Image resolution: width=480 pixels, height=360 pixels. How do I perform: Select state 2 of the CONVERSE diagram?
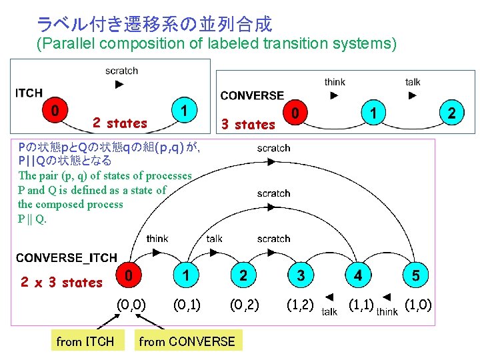point(451,113)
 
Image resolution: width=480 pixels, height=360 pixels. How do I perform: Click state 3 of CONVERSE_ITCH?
point(301,275)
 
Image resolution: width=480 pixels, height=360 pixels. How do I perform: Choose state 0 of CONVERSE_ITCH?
point(133,274)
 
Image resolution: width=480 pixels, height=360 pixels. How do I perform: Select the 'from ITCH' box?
point(85,342)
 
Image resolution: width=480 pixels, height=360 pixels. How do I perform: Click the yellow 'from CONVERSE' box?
point(187,342)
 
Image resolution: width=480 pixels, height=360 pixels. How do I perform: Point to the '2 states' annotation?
point(120,123)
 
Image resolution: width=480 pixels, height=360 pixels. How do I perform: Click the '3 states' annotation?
point(248,125)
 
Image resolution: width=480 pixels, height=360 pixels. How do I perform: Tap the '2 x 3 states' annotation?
point(61,283)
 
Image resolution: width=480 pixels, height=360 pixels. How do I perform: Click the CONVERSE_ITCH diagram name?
point(67,257)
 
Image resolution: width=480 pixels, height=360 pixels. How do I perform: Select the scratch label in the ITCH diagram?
point(121,70)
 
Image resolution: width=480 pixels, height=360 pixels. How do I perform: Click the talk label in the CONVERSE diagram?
point(413,82)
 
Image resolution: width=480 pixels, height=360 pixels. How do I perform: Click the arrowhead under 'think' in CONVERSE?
point(335,95)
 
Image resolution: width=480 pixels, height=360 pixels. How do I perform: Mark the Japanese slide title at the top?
point(154,25)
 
